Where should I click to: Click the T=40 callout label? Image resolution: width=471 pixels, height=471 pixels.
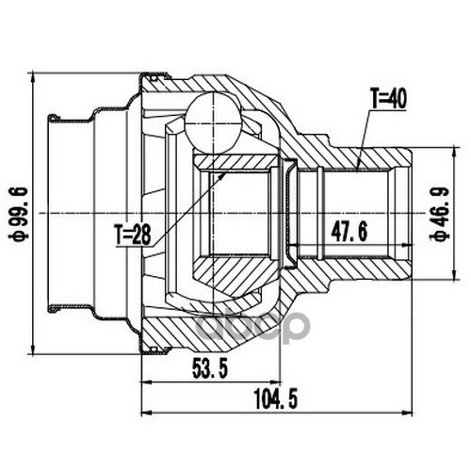pos(388,99)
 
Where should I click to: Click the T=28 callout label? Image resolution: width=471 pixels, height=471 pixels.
pos(133,235)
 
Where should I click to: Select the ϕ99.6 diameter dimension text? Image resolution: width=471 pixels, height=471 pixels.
pos(20,214)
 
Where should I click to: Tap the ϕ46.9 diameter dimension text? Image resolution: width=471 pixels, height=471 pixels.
pos(440,214)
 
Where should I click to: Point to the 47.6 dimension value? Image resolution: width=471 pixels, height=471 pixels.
pos(349,232)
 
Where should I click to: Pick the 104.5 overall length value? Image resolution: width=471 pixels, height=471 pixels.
pos(276,398)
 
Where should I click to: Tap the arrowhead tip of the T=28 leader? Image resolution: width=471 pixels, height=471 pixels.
pos(225,172)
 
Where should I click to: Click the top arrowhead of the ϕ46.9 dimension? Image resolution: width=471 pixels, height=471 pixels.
pos(453,148)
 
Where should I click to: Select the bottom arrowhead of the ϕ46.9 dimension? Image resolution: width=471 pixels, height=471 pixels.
pos(453,279)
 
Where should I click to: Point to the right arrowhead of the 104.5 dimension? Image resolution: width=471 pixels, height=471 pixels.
pos(412,412)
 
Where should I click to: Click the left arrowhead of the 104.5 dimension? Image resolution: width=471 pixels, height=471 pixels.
pos(142,412)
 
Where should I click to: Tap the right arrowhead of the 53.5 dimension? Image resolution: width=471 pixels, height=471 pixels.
pos(279,382)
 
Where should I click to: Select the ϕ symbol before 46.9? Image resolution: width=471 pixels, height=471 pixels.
pos(440,235)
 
